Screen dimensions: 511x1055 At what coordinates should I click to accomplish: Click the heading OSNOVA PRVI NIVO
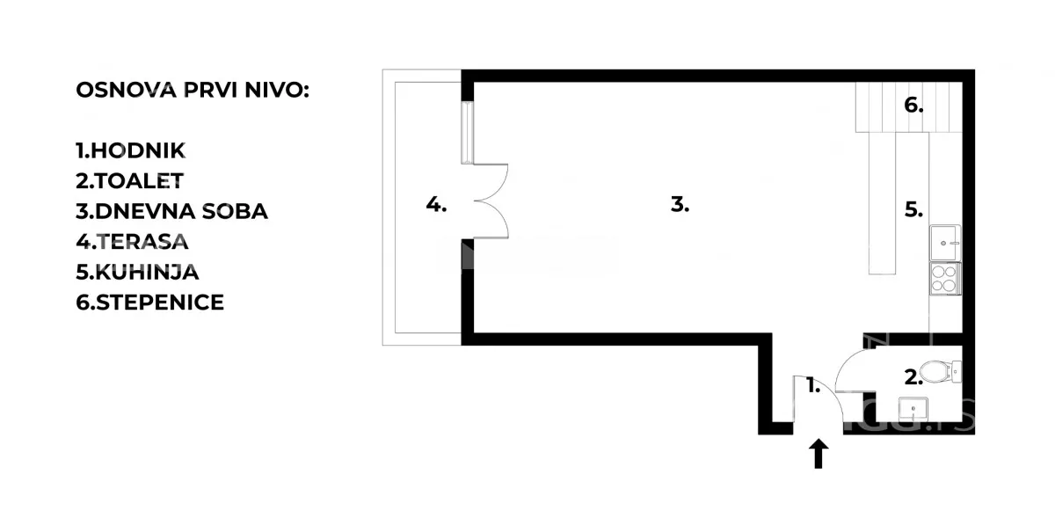(x=193, y=91)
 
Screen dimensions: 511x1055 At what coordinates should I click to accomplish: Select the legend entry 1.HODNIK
(x=131, y=151)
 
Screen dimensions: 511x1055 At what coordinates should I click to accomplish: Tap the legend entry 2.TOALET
(x=129, y=181)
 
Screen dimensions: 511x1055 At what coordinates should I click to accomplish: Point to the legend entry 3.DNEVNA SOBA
(x=171, y=211)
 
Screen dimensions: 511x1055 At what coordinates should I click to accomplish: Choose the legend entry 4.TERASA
(x=132, y=242)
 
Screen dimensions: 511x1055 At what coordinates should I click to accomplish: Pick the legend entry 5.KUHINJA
(x=137, y=272)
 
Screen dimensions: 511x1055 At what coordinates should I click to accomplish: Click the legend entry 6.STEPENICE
(x=149, y=303)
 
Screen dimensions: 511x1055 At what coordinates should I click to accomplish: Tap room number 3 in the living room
(x=680, y=205)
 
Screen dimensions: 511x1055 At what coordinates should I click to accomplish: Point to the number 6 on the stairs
(x=914, y=106)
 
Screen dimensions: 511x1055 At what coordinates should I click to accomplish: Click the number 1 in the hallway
(x=813, y=384)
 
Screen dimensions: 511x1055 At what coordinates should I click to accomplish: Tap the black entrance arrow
(x=819, y=454)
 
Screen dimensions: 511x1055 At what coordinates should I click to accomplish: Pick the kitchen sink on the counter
(x=945, y=238)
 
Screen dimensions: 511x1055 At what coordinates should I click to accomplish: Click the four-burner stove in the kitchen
(x=945, y=278)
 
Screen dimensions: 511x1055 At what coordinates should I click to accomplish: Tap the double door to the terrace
(x=491, y=201)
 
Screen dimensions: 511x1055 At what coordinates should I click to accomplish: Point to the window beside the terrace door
(x=468, y=132)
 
